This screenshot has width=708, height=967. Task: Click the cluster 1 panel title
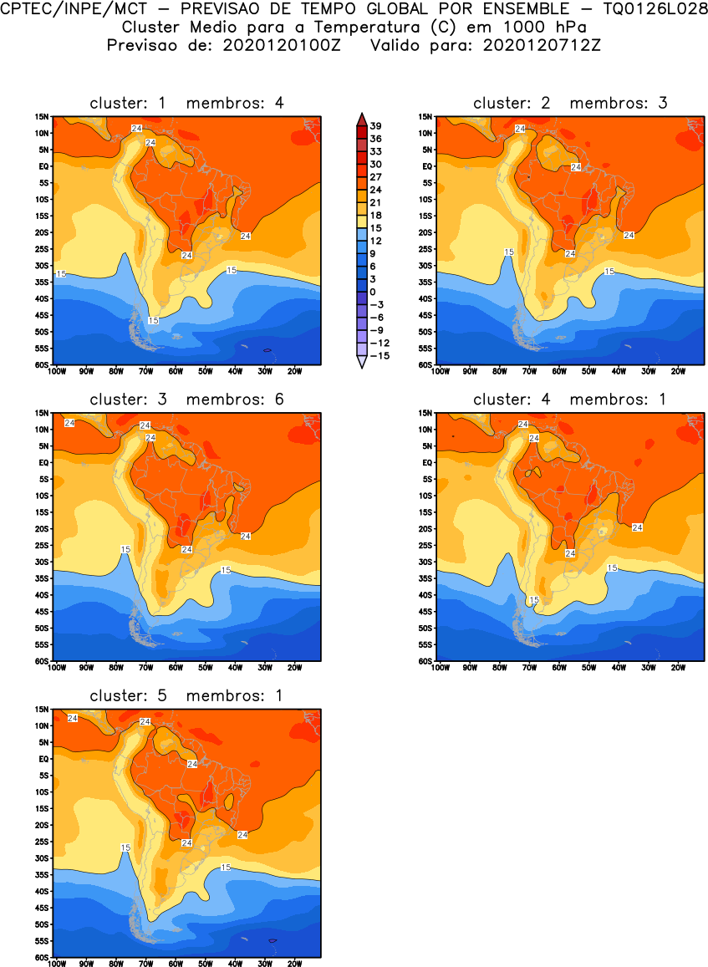coord(187,103)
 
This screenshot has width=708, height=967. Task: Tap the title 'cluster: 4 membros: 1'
coord(570,400)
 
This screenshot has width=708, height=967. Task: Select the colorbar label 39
coord(375,125)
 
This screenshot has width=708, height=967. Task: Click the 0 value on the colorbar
coord(372,292)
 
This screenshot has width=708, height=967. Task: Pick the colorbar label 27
coord(375,176)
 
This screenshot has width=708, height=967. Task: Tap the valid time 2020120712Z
coord(542,45)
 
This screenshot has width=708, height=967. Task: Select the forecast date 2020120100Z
coord(283,45)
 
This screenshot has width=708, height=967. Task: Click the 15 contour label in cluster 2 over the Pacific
coord(509,252)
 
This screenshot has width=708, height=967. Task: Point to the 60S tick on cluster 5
coord(43,958)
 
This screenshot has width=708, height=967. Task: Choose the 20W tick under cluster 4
coord(678,667)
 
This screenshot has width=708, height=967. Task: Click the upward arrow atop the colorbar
coord(360,117)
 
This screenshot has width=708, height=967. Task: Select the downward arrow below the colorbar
coord(360,362)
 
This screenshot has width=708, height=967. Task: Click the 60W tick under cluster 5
coord(175,964)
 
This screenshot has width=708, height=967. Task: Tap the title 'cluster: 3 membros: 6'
coord(187,400)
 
